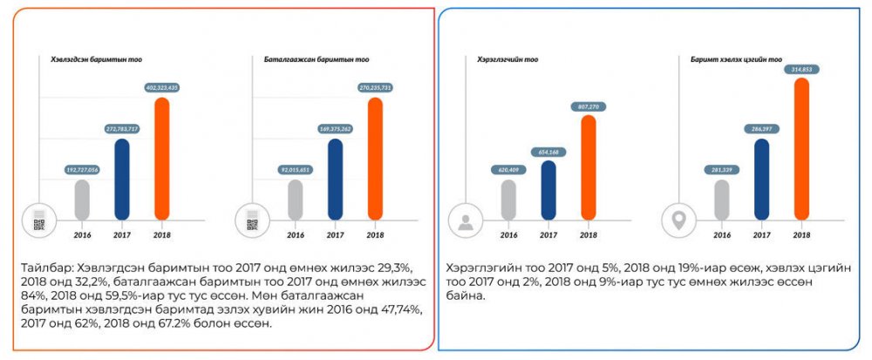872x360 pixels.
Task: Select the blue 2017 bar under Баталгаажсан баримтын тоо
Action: click(x=335, y=178)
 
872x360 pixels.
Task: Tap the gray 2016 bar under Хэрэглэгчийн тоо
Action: click(x=508, y=198)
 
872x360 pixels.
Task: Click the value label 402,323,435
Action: click(x=160, y=87)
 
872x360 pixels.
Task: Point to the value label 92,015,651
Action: click(x=294, y=169)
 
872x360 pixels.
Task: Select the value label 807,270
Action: click(x=588, y=106)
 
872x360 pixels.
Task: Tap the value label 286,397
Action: click(x=761, y=128)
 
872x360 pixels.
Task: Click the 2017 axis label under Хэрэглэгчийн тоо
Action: click(x=548, y=234)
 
